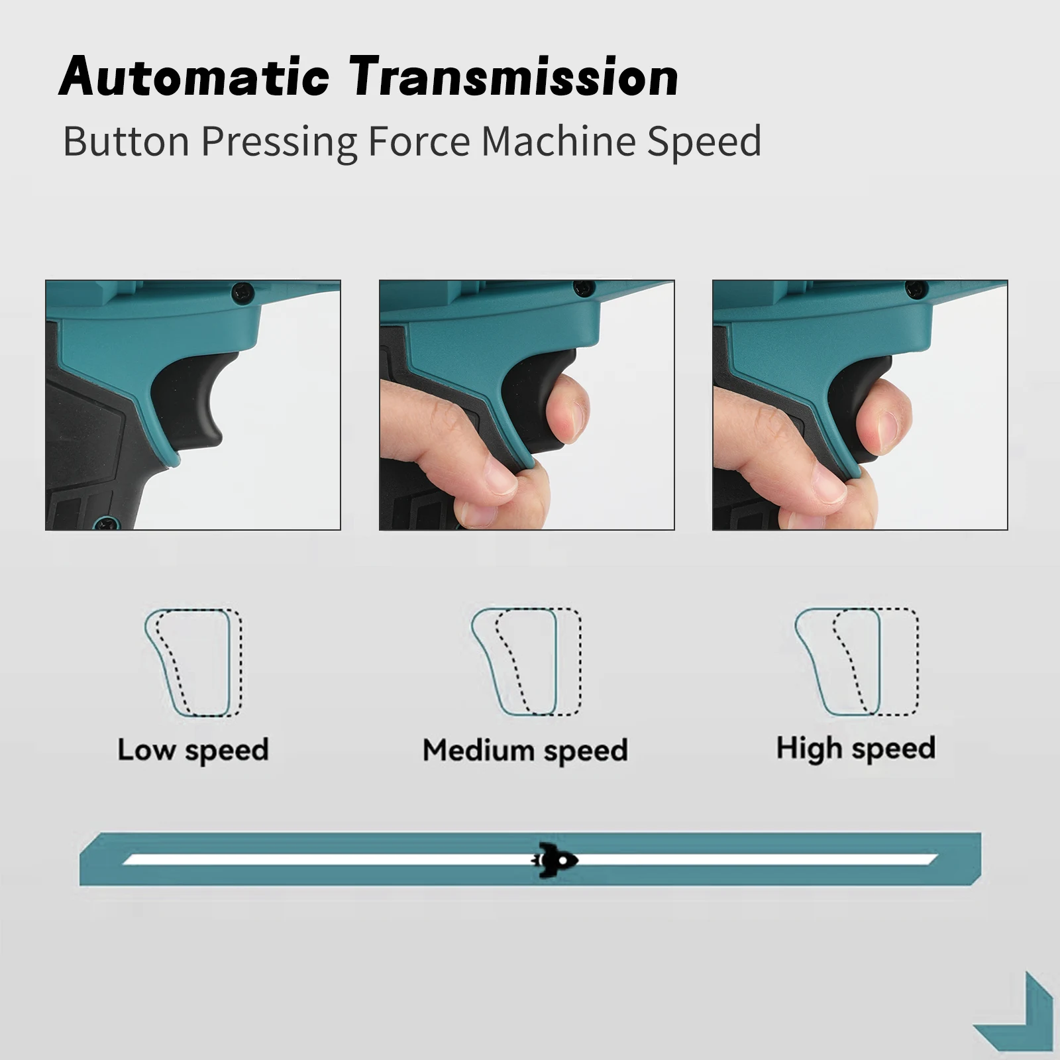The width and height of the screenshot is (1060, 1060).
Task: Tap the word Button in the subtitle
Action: [127, 140]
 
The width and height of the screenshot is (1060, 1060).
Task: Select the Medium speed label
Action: [525, 751]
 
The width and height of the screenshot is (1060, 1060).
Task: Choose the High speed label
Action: [856, 749]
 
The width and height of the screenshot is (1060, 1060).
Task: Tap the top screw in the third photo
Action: [917, 289]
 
